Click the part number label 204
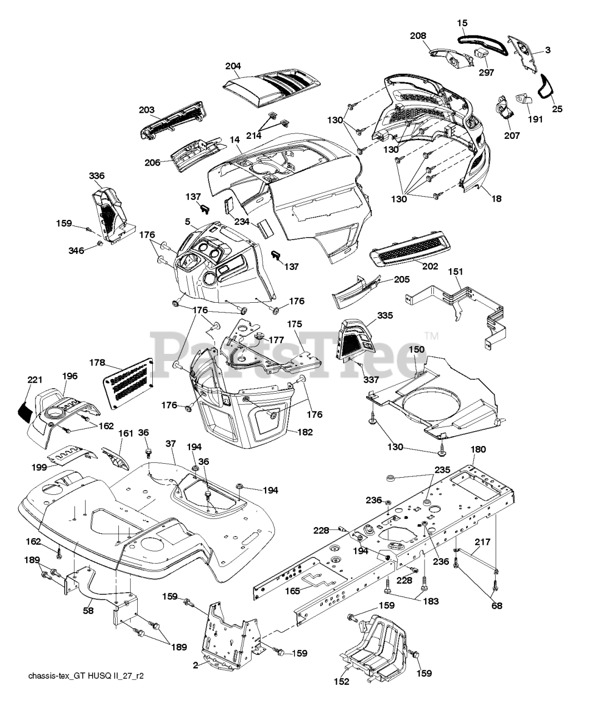coord(233,66)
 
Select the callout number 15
coord(462,23)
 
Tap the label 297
coord(486,73)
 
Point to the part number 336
coord(97,176)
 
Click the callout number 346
coord(76,251)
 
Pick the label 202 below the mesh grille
coord(430,266)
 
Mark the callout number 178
coord(97,363)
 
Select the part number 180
coord(478,449)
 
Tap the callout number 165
coord(292,591)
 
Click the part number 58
coord(88,610)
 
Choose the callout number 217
coord(483,542)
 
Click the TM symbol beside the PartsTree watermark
coord(432,337)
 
